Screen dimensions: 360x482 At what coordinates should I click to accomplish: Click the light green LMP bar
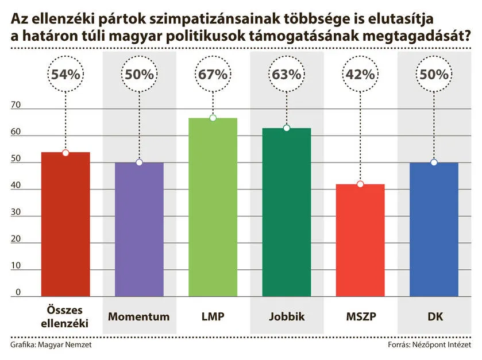tap(213, 207)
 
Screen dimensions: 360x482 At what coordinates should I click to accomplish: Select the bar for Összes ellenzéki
tap(65, 224)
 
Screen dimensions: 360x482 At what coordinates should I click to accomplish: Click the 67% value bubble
tap(213, 75)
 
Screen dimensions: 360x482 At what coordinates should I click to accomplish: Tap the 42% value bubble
tap(360, 75)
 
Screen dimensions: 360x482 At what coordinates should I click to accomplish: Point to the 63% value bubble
tap(287, 75)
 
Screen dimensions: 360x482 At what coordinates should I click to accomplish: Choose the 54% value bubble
tap(66, 75)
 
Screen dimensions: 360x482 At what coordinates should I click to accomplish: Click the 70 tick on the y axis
tap(16, 105)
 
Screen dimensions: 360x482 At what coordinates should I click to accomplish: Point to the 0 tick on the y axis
tap(18, 292)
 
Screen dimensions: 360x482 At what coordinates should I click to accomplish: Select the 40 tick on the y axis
tap(16, 185)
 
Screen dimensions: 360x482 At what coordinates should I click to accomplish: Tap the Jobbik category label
tap(286, 316)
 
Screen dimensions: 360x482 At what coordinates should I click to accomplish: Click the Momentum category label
tap(139, 316)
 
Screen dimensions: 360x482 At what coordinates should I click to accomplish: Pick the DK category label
tap(434, 316)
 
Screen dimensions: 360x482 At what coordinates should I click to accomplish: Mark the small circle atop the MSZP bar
tap(360, 184)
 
